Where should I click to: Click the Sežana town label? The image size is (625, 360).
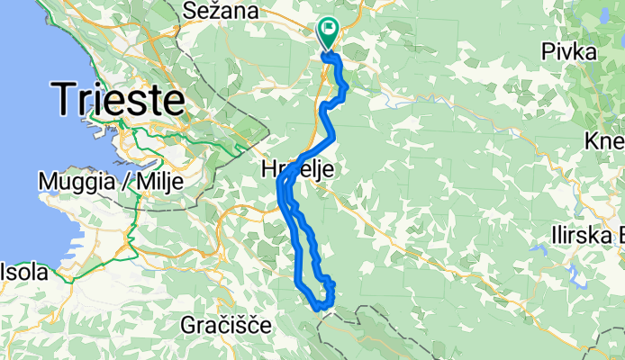tap(221, 12)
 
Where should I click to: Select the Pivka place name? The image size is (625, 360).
tap(568, 53)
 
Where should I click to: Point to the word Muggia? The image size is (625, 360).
tap(79, 182)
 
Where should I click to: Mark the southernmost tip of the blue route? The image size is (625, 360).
tap(319, 309)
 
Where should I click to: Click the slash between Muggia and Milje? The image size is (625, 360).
tap(127, 182)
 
